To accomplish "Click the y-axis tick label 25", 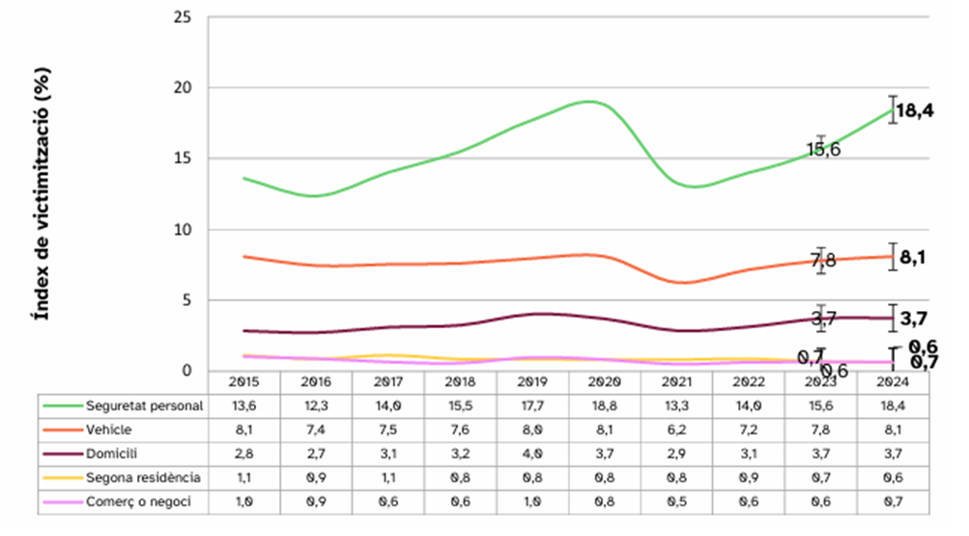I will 181,17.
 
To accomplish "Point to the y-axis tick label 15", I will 181,158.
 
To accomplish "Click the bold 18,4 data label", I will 914,111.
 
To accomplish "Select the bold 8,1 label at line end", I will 913,258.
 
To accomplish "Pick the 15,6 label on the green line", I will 823,150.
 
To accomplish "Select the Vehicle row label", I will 108,430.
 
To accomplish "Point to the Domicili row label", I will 111,453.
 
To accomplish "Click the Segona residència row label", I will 143,477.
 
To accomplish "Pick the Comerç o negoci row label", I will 138,501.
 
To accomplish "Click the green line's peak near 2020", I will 587,100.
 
